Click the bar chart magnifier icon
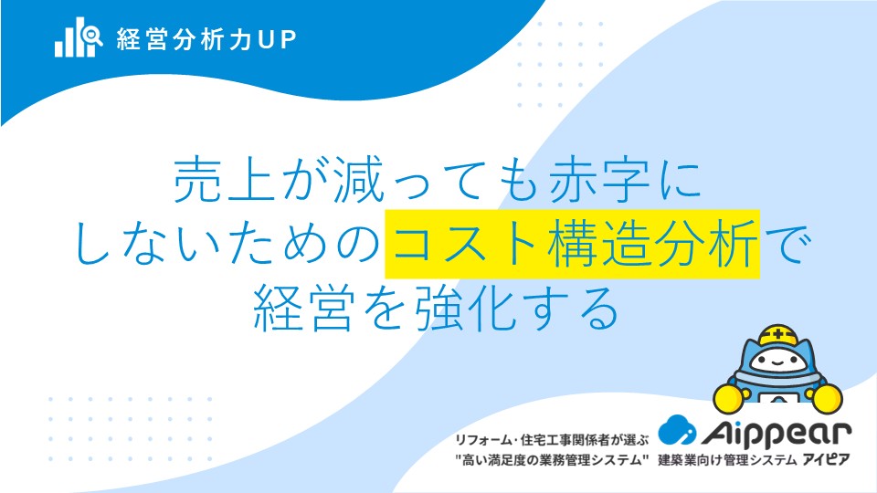(x=79, y=37)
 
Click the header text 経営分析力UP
(x=206, y=39)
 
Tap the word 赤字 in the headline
(x=599, y=180)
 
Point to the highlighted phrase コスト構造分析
(x=573, y=244)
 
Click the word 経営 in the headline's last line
(x=303, y=308)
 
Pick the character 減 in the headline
(x=359, y=180)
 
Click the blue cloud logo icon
(x=677, y=430)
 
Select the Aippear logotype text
(x=777, y=434)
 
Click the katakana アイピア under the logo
(x=826, y=459)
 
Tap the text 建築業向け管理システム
(x=727, y=460)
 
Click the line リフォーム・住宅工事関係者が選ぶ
(x=552, y=440)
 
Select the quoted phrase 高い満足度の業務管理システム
(x=552, y=460)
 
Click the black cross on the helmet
(x=778, y=335)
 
